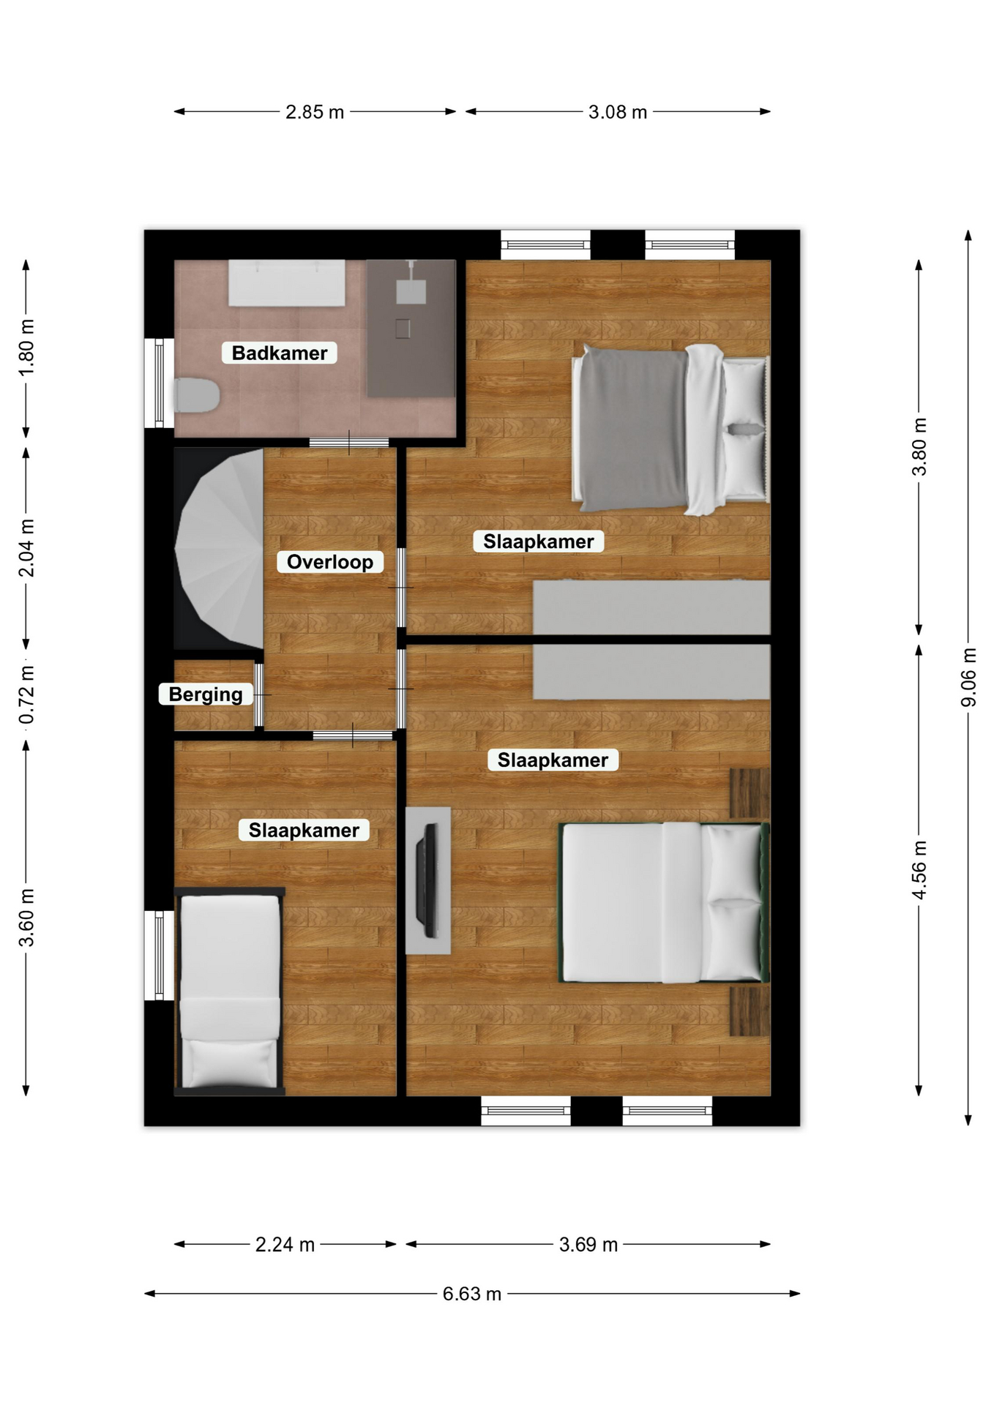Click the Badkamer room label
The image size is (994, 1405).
(x=280, y=353)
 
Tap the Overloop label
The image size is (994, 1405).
(x=330, y=562)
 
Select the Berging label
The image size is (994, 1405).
(x=206, y=694)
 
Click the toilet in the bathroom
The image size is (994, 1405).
(x=197, y=395)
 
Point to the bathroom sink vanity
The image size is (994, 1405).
(x=287, y=282)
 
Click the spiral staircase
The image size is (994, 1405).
(x=219, y=549)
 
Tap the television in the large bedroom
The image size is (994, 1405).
(x=427, y=880)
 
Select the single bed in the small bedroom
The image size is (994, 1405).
(x=230, y=992)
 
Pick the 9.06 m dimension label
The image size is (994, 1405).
(x=968, y=678)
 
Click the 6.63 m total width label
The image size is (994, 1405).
(x=472, y=1294)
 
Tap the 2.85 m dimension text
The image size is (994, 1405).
(x=315, y=112)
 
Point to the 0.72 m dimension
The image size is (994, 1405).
(x=26, y=694)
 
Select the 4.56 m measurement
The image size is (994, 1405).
(x=919, y=870)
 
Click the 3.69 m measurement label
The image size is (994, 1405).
(x=588, y=1245)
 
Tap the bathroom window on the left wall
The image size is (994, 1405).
(x=159, y=383)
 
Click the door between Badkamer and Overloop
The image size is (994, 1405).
(x=349, y=442)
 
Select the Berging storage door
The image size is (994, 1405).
(x=259, y=694)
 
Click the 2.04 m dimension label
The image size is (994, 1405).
(x=26, y=548)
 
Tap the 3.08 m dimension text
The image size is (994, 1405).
(x=618, y=112)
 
